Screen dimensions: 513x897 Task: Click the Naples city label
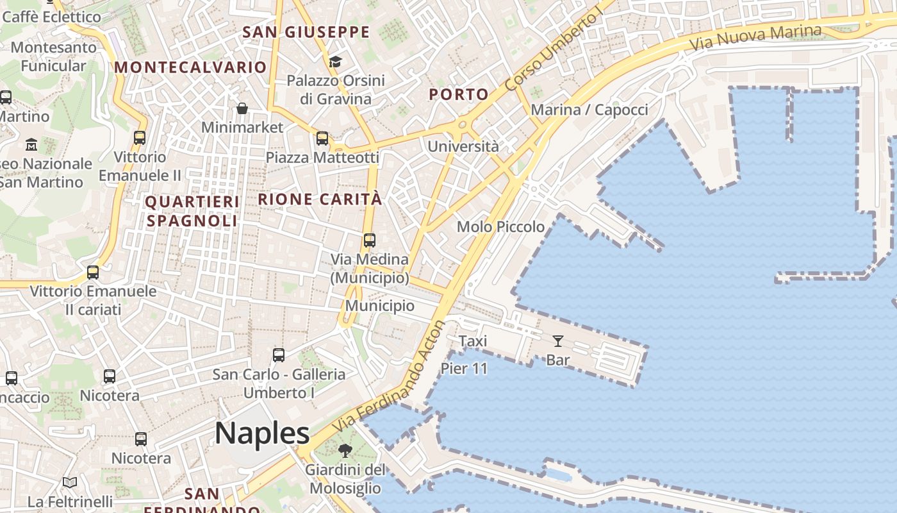pos(262,433)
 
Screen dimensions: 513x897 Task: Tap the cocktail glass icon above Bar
pos(558,341)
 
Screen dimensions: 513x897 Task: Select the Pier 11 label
pos(464,369)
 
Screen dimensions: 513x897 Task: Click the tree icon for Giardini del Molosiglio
pos(345,451)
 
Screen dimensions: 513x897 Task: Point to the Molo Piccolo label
pos(500,227)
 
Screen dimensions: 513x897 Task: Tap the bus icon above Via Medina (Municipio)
pos(370,240)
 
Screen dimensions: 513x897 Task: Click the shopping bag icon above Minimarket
pos(242,108)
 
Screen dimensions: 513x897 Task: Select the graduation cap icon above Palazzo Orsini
pos(335,62)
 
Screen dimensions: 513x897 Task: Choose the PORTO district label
pos(459,94)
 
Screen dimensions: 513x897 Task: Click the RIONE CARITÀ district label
pos(320,199)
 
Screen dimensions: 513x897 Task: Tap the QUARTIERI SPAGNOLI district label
pos(192,211)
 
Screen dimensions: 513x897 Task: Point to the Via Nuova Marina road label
pos(756,38)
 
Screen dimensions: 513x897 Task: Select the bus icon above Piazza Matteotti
pos(322,139)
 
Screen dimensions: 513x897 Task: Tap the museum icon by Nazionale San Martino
pos(31,145)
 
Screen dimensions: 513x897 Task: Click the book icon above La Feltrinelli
pos(70,482)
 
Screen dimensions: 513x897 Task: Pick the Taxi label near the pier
pos(473,341)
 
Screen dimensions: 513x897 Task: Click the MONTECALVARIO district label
pos(190,67)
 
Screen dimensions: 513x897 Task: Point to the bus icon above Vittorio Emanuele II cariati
pos(93,272)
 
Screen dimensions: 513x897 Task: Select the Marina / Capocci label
pos(589,110)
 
